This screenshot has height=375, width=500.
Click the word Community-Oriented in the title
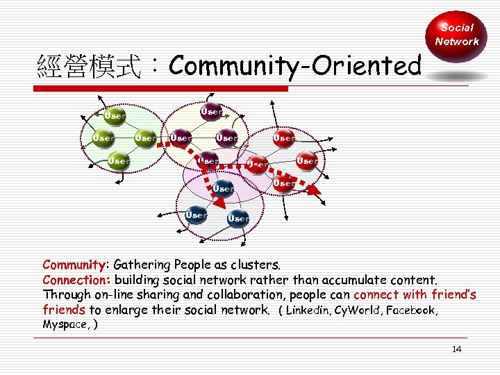coord(294,66)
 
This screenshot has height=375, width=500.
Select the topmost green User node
coord(114,115)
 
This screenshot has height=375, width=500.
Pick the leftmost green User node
coord(103,137)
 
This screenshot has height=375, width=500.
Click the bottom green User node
coord(118,160)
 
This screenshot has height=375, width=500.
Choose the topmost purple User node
coord(211,110)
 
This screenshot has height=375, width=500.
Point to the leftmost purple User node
coord(181,137)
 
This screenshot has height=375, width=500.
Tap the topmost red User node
coord(283,137)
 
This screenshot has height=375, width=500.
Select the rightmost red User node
coord(307,160)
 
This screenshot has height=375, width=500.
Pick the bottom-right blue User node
coord(238,217)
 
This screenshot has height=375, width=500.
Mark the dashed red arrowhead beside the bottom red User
coord(314,188)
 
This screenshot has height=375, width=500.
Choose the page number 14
coord(456,349)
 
